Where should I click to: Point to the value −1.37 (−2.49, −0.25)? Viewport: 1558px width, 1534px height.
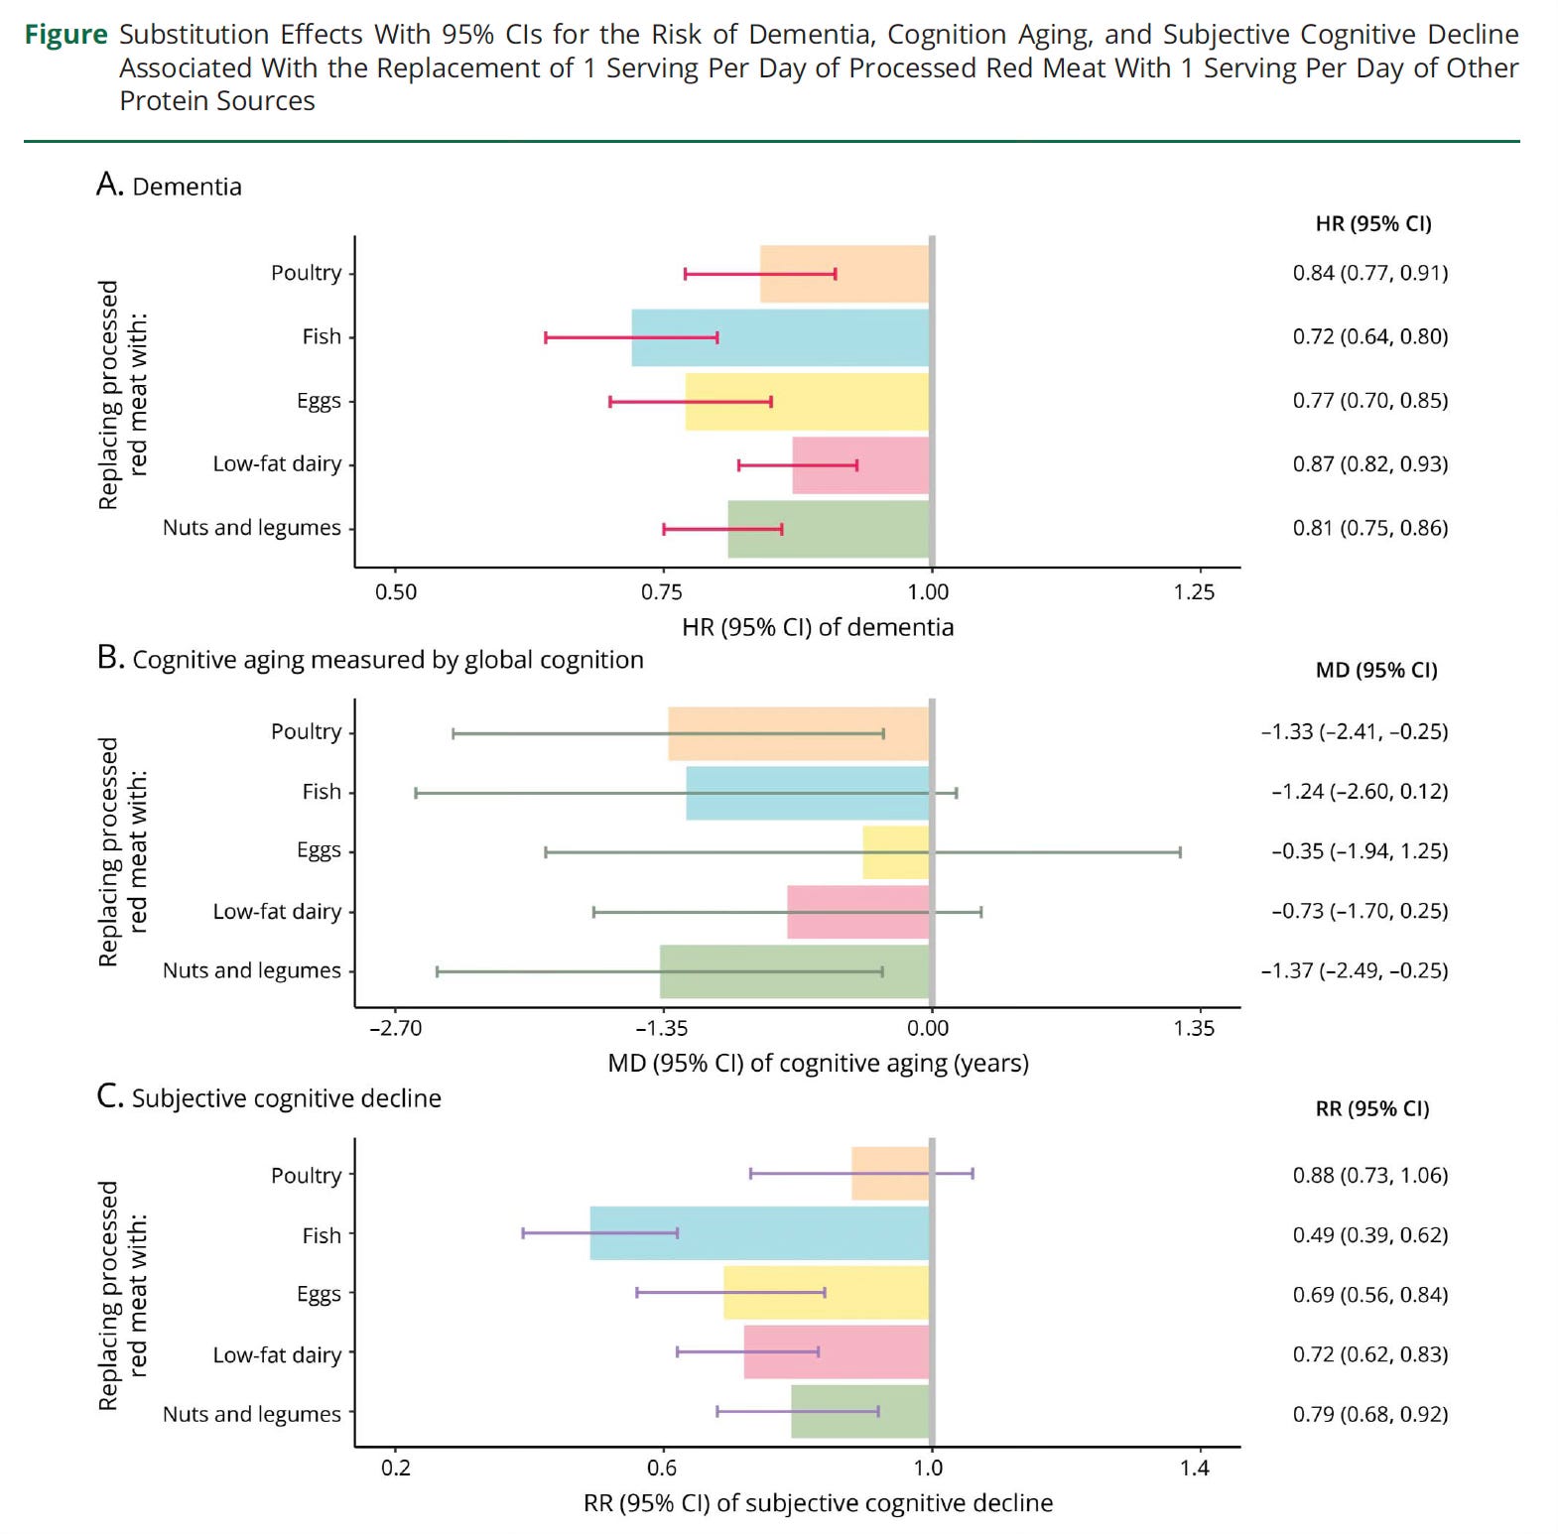tap(1354, 970)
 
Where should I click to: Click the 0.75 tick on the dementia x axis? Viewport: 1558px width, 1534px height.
tap(662, 592)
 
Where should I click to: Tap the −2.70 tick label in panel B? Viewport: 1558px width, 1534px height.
tap(395, 1028)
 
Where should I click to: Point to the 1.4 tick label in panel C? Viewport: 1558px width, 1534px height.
tap(1195, 1468)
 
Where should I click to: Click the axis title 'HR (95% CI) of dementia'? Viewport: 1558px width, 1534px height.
tap(818, 627)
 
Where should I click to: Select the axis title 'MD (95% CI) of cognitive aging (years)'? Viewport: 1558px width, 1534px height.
tap(818, 1064)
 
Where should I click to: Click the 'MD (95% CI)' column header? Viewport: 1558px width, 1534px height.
tap(1375, 670)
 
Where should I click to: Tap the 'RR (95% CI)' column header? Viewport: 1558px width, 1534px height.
tap(1371, 1108)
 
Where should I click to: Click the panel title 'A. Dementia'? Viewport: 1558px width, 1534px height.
tap(169, 186)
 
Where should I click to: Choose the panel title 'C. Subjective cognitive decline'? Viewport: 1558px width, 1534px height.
tap(269, 1097)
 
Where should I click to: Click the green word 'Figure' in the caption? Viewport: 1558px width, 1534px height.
tap(65, 35)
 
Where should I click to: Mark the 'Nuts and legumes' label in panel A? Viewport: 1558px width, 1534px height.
tap(251, 528)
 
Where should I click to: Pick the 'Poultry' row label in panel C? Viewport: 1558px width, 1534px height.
tap(306, 1175)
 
